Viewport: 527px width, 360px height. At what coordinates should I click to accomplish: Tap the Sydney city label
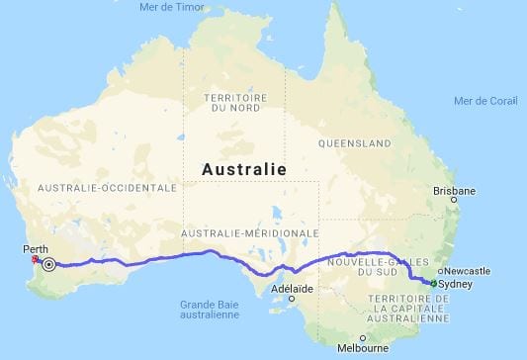(455, 283)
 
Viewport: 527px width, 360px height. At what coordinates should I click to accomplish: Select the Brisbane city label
(455, 191)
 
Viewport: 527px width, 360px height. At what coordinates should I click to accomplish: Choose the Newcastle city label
(468, 270)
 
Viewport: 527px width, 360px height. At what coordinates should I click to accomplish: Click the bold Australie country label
(244, 170)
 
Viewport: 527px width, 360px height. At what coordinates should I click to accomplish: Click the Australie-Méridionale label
(251, 233)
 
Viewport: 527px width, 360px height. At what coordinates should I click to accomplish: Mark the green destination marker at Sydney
(433, 283)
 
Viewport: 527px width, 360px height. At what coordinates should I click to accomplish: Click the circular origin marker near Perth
(48, 263)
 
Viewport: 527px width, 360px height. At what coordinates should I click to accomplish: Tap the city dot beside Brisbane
(452, 200)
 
